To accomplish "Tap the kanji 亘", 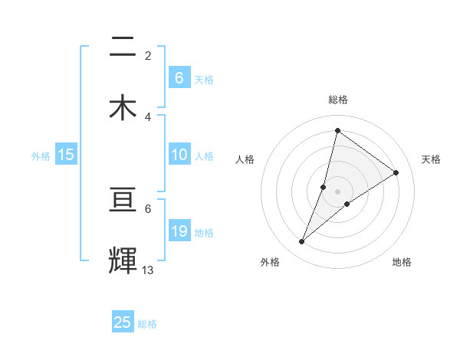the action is [123, 201].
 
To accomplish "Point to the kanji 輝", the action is [123, 260].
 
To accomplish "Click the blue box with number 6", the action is [179, 77].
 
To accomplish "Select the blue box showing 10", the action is [179, 155].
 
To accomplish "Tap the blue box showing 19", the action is [179, 231].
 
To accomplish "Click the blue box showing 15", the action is [66, 155].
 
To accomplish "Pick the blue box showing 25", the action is [123, 322].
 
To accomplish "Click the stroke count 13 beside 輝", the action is [148, 270].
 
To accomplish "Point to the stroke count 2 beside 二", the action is [148, 55].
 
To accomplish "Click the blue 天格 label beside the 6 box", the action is [204, 79].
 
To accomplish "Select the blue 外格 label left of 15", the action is [41, 156].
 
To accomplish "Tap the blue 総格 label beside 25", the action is [147, 324].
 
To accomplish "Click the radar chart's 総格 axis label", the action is [337, 100].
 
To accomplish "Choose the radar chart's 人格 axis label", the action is [245, 159].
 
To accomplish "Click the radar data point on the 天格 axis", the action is [396, 172].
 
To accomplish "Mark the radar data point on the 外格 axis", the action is [302, 242].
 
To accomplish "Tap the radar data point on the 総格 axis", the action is [337, 130].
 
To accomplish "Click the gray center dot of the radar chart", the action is [337, 191].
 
